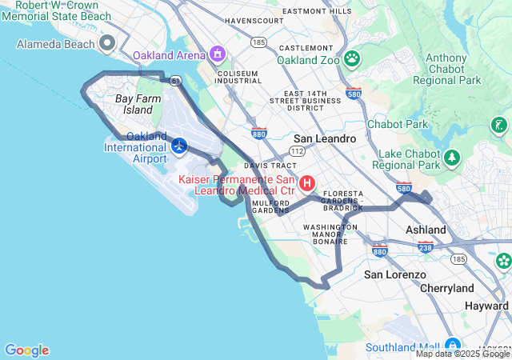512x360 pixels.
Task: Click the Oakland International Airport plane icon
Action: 178,146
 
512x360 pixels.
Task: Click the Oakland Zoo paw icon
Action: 352,59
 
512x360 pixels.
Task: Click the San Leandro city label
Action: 325,138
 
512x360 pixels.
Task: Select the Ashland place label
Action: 426,230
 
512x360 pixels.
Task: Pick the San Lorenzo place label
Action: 395,274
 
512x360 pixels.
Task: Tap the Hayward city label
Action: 486,306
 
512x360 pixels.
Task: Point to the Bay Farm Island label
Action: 133,104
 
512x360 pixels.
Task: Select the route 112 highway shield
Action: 297,150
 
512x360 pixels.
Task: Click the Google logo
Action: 26,350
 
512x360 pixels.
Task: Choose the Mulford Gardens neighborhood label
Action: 270,206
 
